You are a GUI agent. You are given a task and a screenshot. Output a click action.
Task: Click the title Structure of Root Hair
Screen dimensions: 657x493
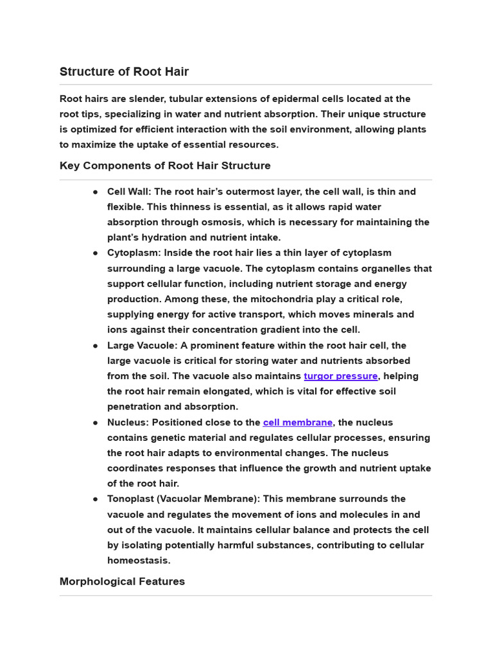pyautogui.click(x=124, y=71)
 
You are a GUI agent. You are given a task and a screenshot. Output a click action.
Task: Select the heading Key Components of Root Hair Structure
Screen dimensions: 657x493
pyautogui.click(x=165, y=166)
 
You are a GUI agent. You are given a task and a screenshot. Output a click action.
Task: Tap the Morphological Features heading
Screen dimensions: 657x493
pyautogui.click(x=122, y=581)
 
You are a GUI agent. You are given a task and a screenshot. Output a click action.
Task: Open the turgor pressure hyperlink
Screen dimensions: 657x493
pyautogui.click(x=341, y=376)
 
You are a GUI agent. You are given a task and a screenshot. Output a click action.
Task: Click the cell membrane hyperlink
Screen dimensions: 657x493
pyautogui.click(x=298, y=422)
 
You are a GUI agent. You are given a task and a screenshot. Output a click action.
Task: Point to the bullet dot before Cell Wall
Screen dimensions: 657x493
pyautogui.click(x=95, y=192)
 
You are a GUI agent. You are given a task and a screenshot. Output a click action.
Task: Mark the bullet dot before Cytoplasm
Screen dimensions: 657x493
pyautogui.click(x=95, y=253)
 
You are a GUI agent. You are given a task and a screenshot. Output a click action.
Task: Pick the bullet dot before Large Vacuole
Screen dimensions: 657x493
pyautogui.click(x=95, y=346)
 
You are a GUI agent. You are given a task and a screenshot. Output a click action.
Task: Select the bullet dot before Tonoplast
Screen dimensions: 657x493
pyautogui.click(x=95, y=499)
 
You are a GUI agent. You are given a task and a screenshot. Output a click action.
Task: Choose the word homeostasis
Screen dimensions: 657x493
pyautogui.click(x=139, y=560)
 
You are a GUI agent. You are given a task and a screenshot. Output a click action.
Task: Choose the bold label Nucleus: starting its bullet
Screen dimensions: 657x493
pyautogui.click(x=127, y=422)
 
